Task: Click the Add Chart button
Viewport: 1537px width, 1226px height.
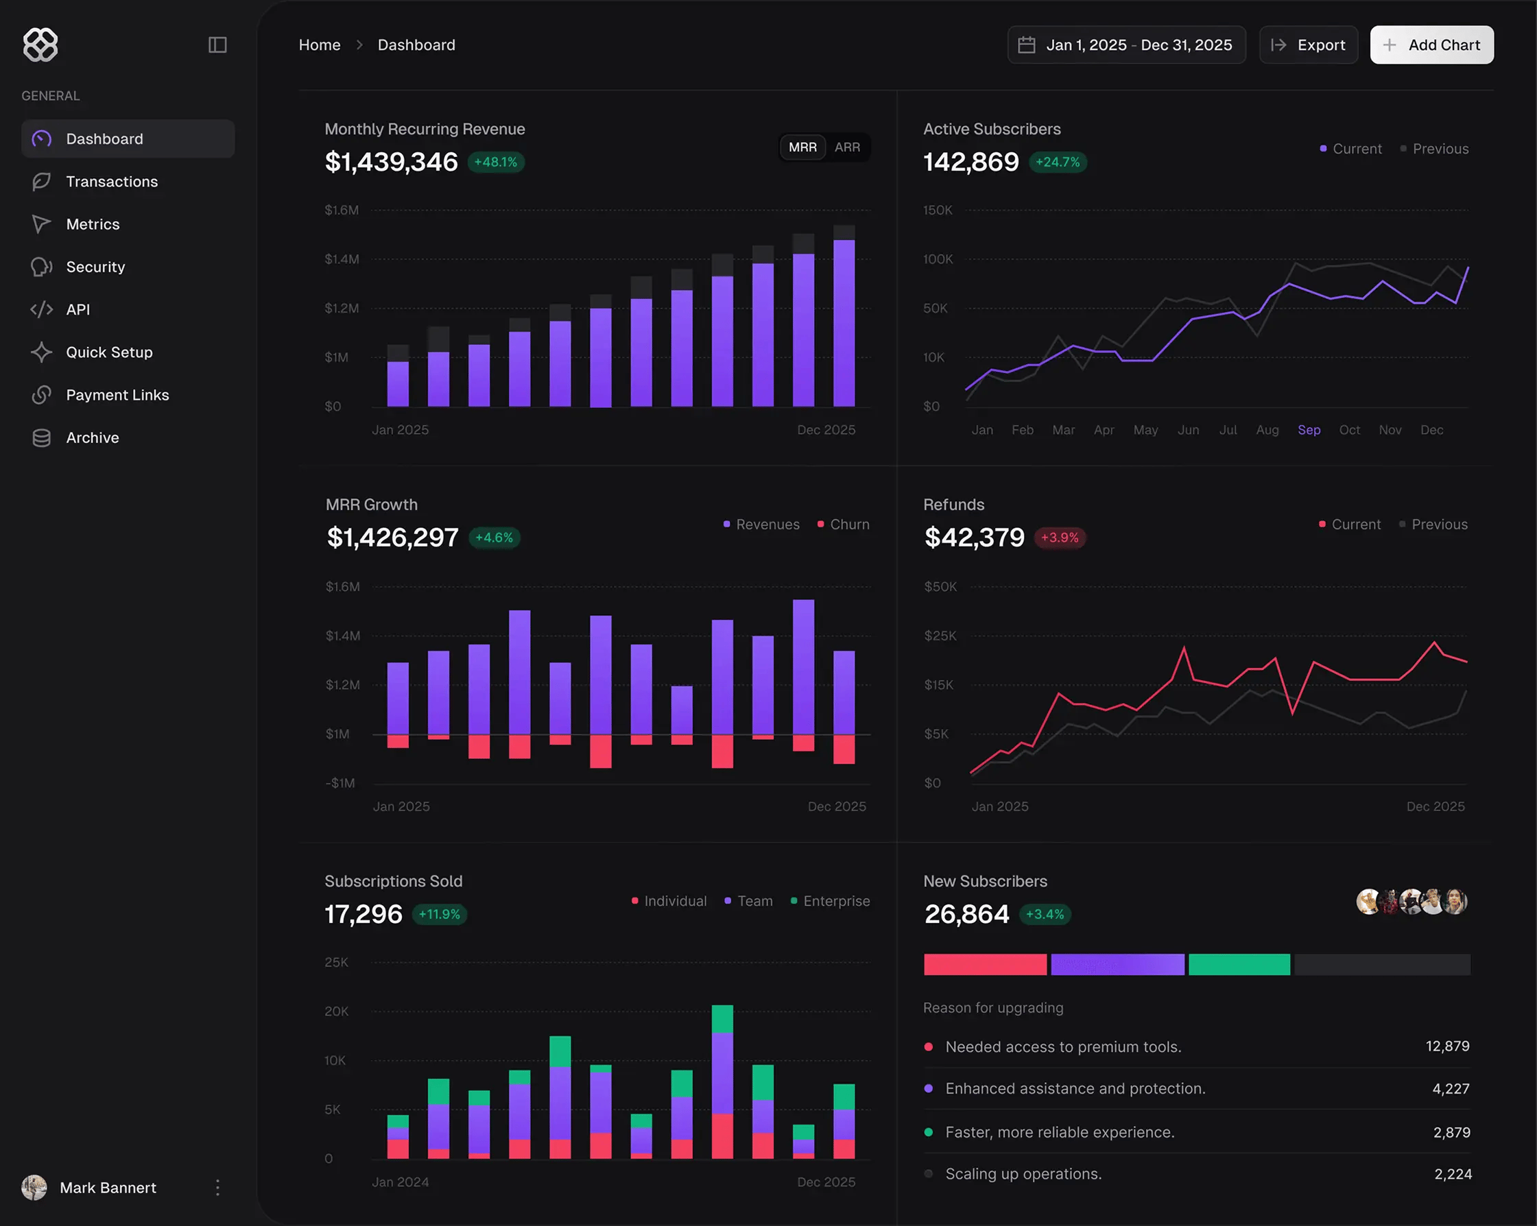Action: tap(1431, 45)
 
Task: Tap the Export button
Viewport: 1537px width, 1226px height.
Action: tap(1308, 45)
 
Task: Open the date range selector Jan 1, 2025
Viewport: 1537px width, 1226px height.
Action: tap(1126, 45)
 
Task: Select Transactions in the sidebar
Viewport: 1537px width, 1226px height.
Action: tap(112, 182)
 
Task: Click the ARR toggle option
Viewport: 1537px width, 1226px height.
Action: tap(847, 147)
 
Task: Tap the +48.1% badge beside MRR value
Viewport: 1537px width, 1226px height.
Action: tap(496, 163)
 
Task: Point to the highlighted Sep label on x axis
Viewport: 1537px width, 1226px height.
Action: tap(1309, 430)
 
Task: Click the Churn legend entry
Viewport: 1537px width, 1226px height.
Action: tap(848, 525)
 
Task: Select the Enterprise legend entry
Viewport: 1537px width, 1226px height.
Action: tap(835, 901)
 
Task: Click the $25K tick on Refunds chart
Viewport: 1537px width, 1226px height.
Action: tap(940, 636)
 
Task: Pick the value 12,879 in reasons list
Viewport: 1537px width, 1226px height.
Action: tap(1447, 1046)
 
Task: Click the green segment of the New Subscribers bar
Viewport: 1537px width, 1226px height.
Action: tap(1239, 964)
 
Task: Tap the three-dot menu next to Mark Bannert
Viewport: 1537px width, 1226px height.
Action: tap(217, 1188)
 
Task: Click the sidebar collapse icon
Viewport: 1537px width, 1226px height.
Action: tap(217, 45)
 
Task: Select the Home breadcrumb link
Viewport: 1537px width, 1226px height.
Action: tap(320, 45)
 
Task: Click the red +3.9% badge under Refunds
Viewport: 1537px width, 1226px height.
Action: tap(1060, 538)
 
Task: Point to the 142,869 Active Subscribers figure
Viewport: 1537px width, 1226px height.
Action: tap(971, 163)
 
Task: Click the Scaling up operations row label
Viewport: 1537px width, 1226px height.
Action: tap(1023, 1174)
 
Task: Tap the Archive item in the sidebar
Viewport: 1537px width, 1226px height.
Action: tap(92, 437)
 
